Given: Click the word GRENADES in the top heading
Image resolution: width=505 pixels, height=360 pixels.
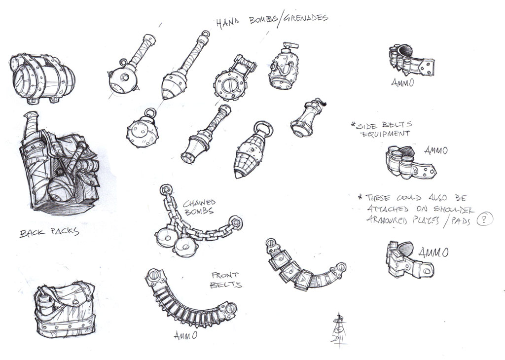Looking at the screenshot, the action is coord(305,18).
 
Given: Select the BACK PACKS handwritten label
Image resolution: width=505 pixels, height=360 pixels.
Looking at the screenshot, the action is coord(49,232).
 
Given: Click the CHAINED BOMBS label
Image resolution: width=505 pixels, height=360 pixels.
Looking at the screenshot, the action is coord(199,207).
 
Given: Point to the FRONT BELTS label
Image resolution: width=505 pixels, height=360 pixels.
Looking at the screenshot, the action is coord(226,280).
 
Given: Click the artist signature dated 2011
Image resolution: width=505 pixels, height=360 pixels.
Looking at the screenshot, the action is coord(339,330).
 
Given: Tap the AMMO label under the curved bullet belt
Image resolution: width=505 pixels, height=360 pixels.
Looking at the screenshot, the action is coord(185,335).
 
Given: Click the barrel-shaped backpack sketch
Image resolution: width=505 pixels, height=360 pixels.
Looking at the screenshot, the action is coord(42,78).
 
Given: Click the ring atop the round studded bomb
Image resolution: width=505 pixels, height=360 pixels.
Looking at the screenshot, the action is coord(150,113).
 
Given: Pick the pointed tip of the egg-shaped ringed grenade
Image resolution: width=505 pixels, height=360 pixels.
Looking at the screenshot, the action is coord(238,176).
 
